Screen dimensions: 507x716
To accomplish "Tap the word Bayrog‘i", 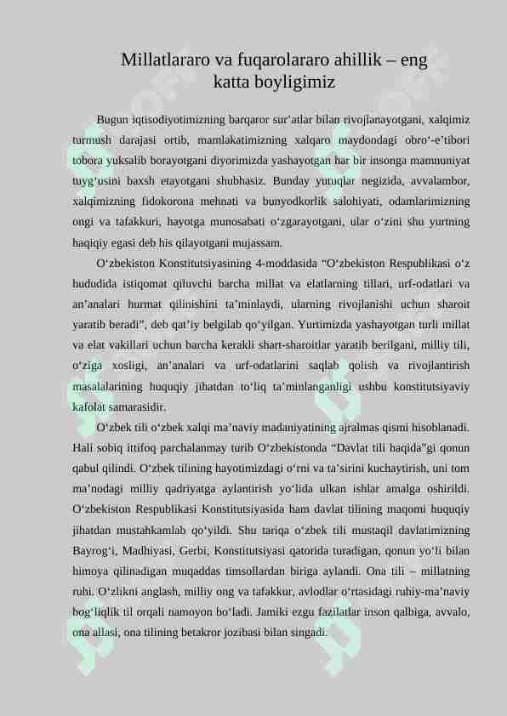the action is pos(94,529).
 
